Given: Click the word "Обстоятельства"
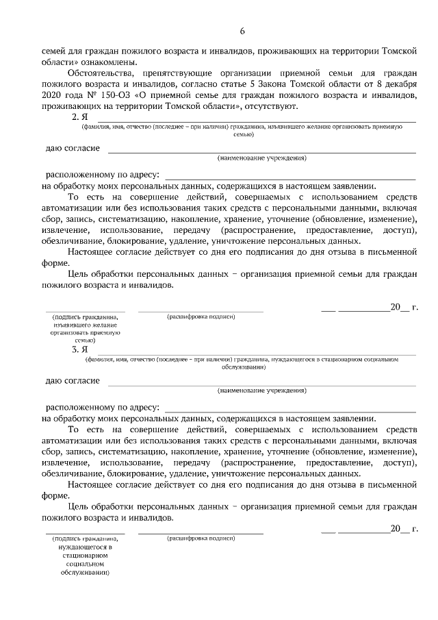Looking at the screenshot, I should (x=101, y=73).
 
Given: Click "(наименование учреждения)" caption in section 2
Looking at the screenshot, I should (x=262, y=158).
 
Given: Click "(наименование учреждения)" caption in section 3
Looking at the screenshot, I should (x=262, y=390).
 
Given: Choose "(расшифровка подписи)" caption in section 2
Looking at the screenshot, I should (x=201, y=317).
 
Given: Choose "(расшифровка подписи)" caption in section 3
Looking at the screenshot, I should (x=201, y=538).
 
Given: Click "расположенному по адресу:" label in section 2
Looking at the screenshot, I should (x=102, y=175).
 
